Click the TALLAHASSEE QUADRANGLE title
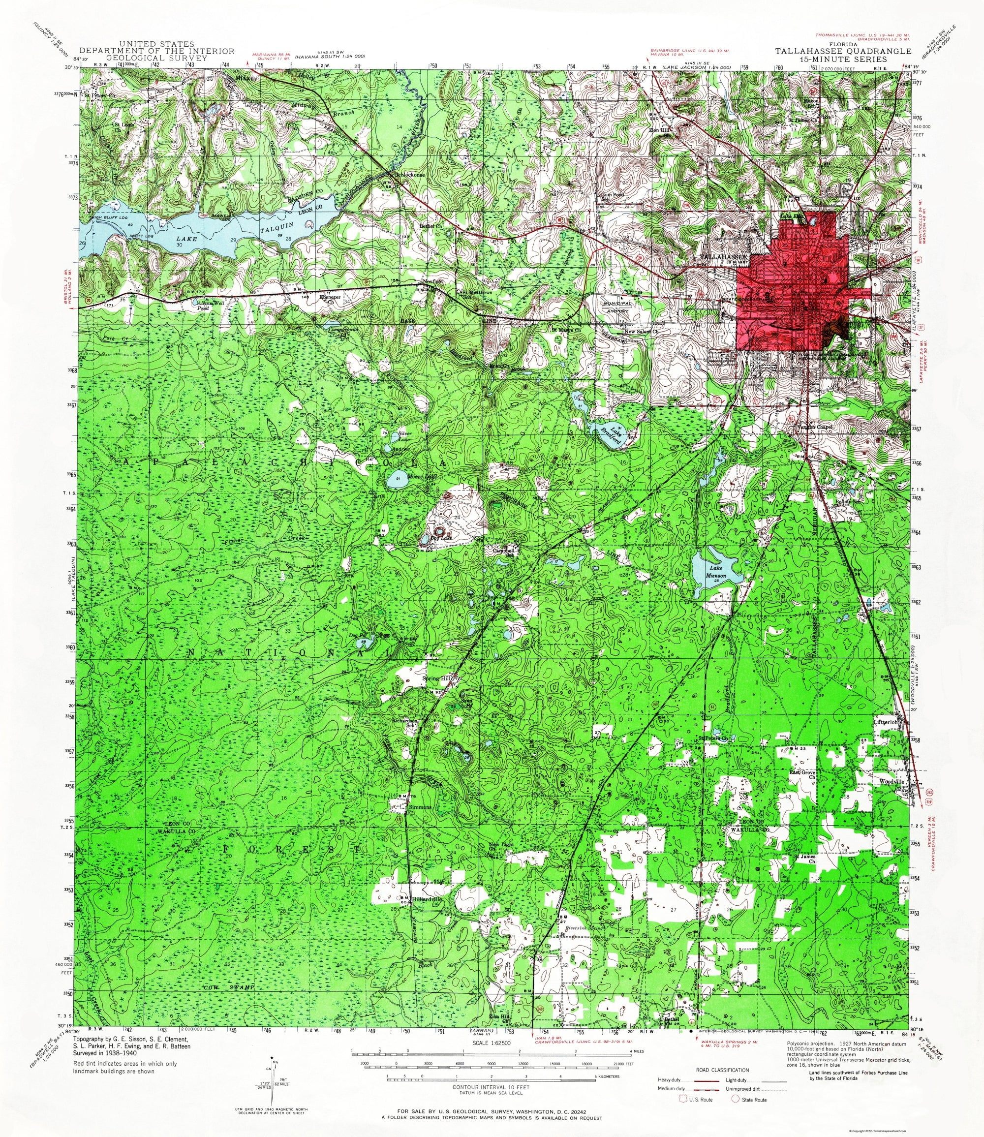click(843, 51)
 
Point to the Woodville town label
click(891, 781)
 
